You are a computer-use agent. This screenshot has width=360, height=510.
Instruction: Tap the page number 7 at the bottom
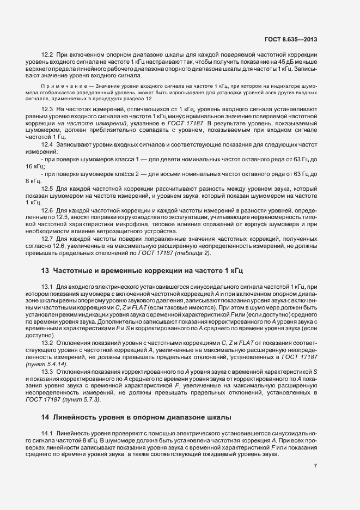pyautogui.click(x=316, y=466)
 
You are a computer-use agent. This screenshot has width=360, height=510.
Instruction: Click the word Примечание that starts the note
pyautogui.click(x=60, y=87)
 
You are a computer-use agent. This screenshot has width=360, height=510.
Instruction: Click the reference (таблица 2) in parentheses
pyautogui.click(x=192, y=253)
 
